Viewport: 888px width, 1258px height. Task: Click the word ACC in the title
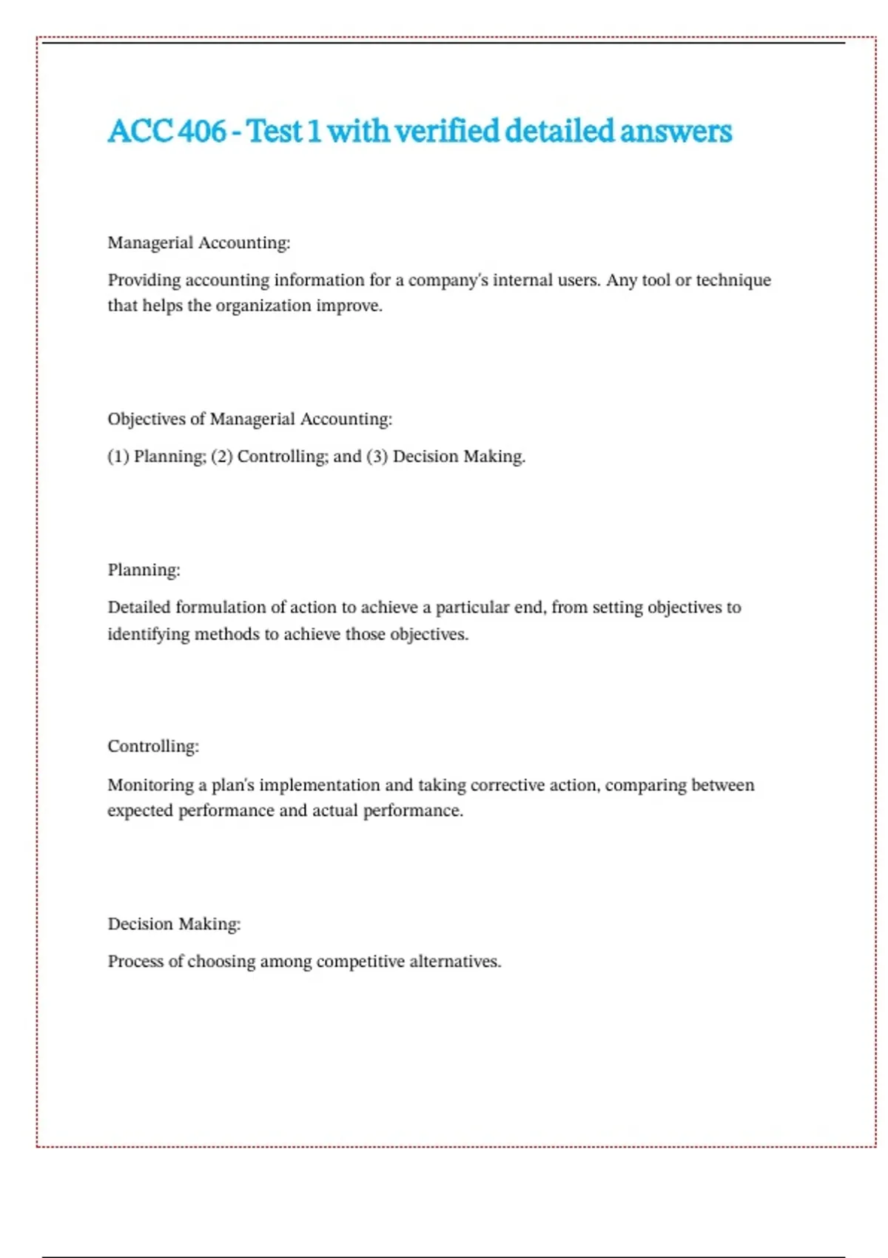click(x=140, y=132)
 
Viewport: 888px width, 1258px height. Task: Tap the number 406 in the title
click(x=202, y=132)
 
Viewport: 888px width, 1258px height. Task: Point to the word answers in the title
click(x=676, y=132)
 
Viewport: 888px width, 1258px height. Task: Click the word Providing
click(x=144, y=280)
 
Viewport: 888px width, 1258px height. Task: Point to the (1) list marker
click(x=118, y=457)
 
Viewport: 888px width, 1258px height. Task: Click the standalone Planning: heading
click(x=144, y=570)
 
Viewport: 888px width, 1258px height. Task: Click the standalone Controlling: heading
click(x=153, y=746)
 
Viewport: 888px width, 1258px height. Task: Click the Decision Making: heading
click(x=174, y=924)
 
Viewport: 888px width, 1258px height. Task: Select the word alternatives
click(x=454, y=962)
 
